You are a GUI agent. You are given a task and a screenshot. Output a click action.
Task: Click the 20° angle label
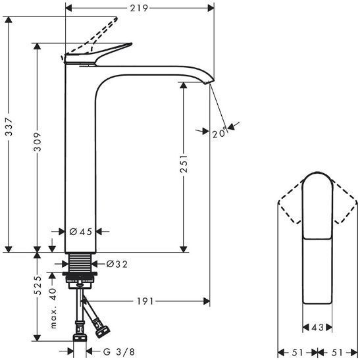[219, 133]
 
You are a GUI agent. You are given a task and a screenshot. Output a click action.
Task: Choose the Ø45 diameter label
[81, 231]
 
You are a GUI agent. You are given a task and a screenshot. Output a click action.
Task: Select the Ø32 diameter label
[116, 264]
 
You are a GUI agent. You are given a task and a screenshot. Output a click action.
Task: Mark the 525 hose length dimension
[39, 284]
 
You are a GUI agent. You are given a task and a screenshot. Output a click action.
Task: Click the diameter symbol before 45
[73, 231]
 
